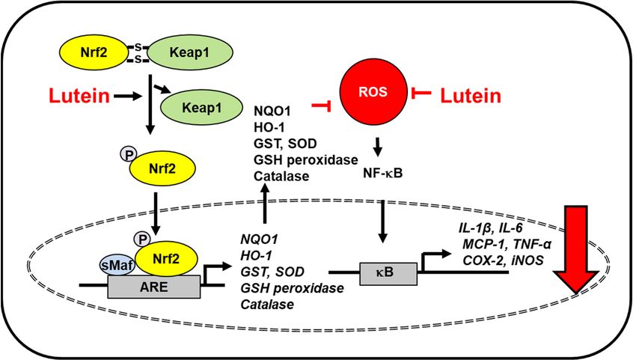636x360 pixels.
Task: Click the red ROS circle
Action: coord(373,92)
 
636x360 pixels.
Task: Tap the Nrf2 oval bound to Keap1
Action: coord(94,52)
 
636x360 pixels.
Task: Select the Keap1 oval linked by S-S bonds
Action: coord(190,52)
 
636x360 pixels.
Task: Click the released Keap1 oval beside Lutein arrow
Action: coord(202,108)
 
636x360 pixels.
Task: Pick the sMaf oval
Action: coord(117,266)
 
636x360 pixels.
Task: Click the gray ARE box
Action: coord(153,287)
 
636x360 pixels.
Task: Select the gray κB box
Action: coord(388,273)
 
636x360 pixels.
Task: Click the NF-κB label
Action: coord(383,174)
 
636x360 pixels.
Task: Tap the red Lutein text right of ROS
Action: coord(471,96)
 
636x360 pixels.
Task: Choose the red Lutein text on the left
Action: coord(79,96)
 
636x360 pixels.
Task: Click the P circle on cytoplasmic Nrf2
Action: coord(128,154)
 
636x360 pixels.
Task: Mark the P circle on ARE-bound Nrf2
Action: coord(142,240)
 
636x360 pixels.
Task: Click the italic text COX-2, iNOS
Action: coord(503,260)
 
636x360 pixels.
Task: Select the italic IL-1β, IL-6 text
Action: coord(490,228)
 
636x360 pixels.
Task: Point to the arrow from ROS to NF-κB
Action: coord(378,147)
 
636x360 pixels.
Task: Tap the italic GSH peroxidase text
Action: coord(292,288)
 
